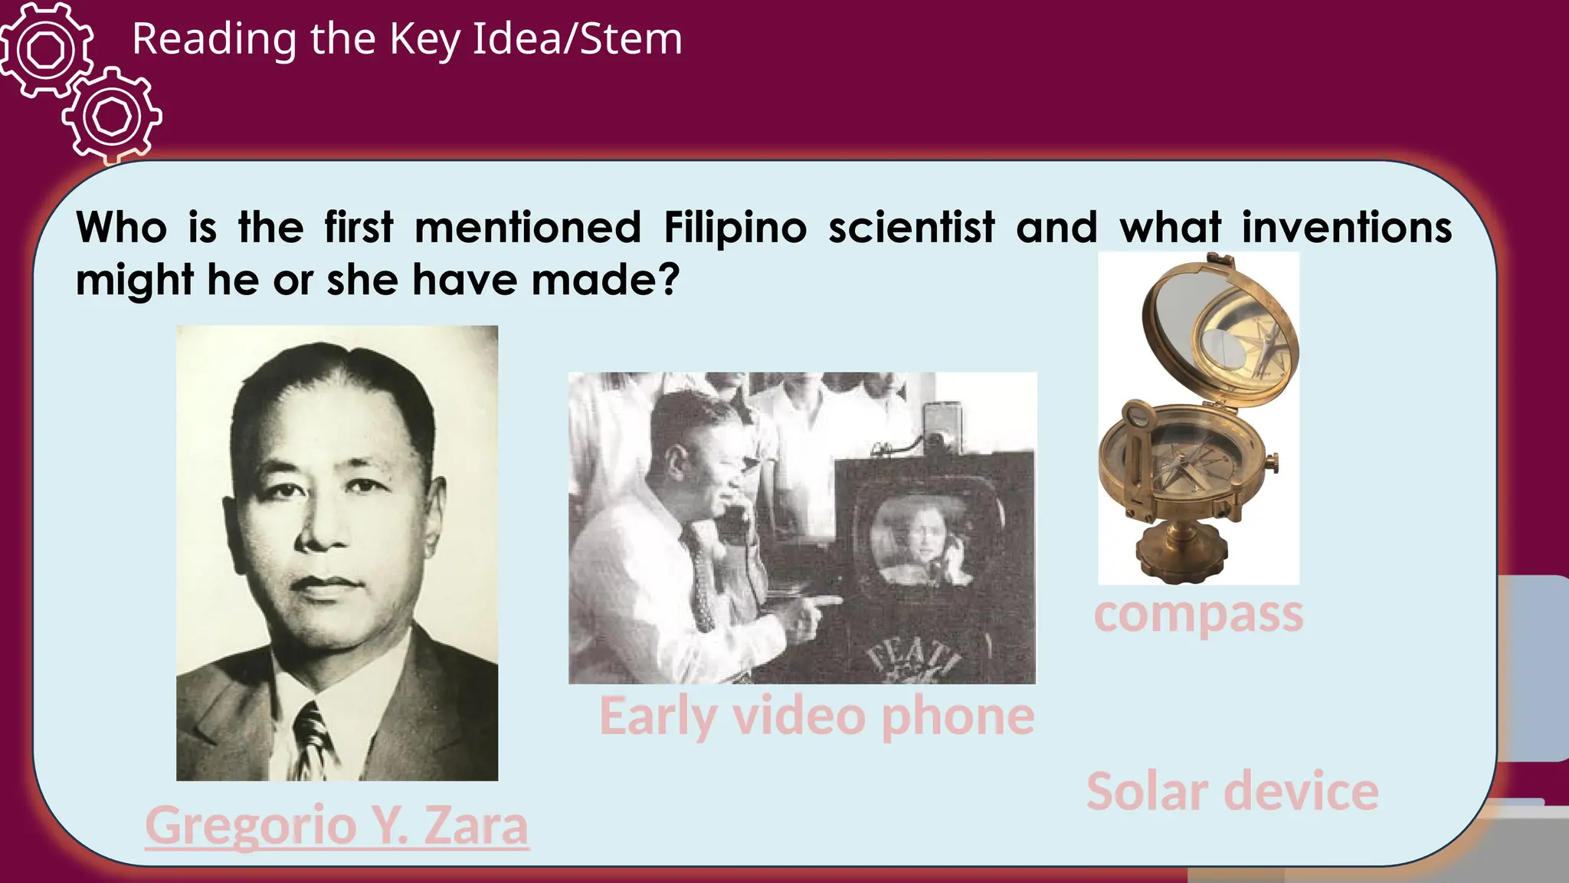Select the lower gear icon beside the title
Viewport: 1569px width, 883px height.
pyautogui.click(x=113, y=117)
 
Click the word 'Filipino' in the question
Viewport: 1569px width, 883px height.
pyautogui.click(x=735, y=228)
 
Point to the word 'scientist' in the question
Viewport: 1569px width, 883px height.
pyautogui.click(x=912, y=228)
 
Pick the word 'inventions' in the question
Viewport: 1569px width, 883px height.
pyautogui.click(x=1346, y=228)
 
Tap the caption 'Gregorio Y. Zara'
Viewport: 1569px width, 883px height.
pyautogui.click(x=336, y=826)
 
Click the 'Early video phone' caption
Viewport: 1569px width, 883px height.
pyautogui.click(x=817, y=716)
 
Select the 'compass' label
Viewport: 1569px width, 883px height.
pyautogui.click(x=1198, y=614)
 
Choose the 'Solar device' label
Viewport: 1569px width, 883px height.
pyautogui.click(x=1232, y=791)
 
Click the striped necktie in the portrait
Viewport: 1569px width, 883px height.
pyautogui.click(x=312, y=740)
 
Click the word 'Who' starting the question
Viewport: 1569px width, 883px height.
pyautogui.click(x=121, y=228)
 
